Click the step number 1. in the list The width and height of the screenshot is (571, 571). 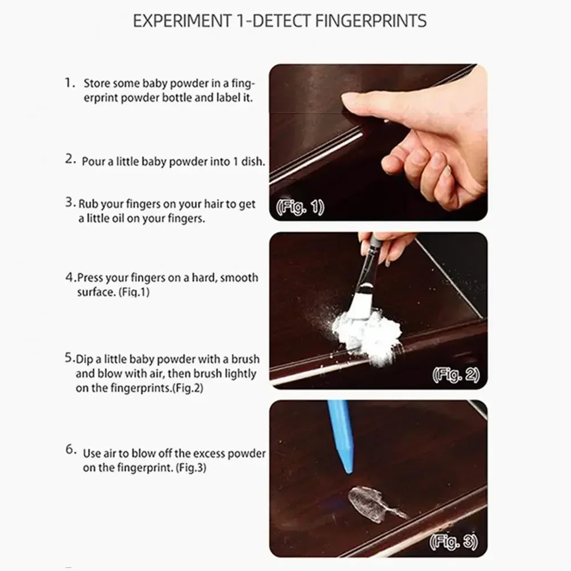70,83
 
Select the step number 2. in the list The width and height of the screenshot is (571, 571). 70,160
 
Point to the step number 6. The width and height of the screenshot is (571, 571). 70,449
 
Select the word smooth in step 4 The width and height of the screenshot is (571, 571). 239,278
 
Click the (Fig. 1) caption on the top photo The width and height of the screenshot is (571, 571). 300,208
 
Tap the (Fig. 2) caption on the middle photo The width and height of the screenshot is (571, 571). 456,375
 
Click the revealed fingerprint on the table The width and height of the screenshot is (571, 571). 368,503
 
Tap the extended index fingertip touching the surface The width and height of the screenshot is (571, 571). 349,100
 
